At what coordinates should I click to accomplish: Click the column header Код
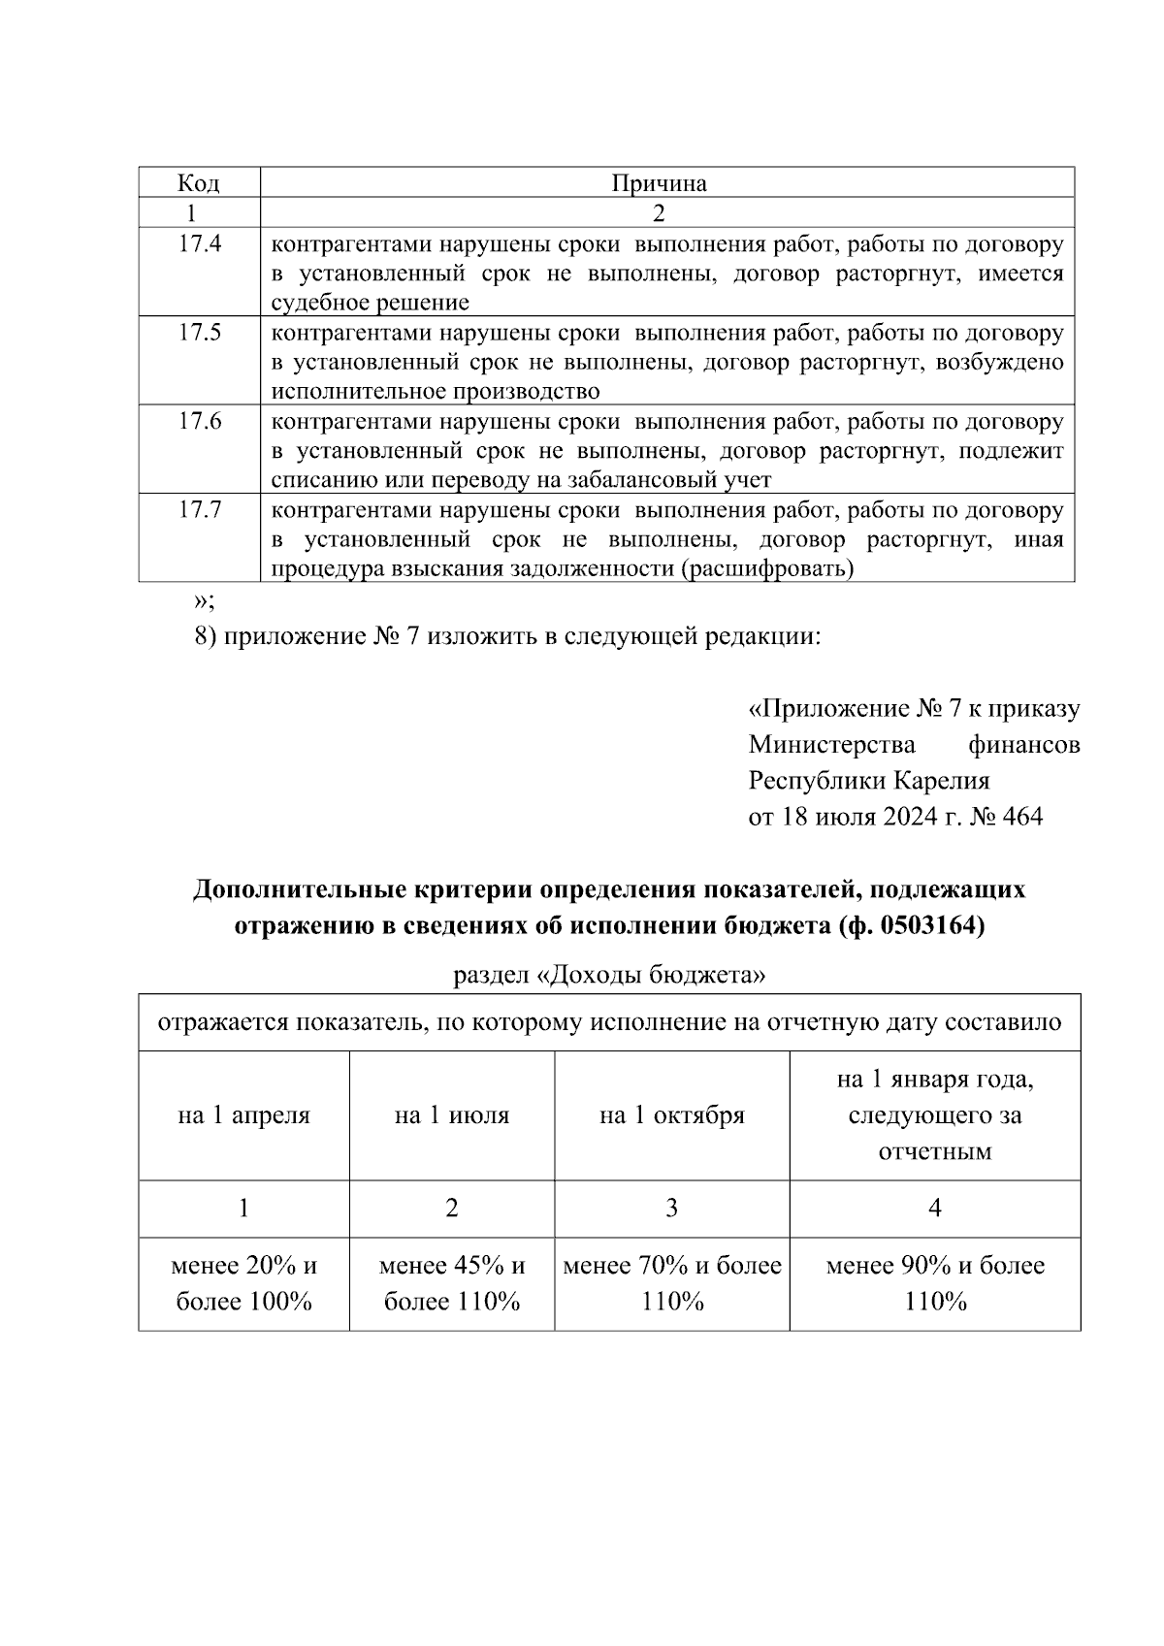[x=198, y=183]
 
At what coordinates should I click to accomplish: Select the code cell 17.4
[x=200, y=244]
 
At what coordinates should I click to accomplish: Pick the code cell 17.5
[x=200, y=333]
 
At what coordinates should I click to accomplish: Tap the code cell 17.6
[x=200, y=421]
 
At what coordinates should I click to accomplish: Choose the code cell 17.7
[x=200, y=509]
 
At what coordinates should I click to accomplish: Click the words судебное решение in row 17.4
[x=370, y=303]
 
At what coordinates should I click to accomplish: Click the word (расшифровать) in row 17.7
[x=769, y=568]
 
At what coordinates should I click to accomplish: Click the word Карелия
[x=941, y=781]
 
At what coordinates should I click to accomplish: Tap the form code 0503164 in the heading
[x=928, y=926]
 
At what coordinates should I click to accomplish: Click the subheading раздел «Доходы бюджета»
[x=609, y=975]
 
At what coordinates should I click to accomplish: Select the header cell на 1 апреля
[x=243, y=1115]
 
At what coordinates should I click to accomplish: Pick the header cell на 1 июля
[x=451, y=1115]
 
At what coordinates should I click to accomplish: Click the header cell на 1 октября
[x=671, y=1115]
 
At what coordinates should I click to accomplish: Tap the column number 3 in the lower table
[x=671, y=1208]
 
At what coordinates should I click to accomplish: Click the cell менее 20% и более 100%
[x=243, y=1282]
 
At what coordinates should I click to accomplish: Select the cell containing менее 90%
[x=934, y=1282]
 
